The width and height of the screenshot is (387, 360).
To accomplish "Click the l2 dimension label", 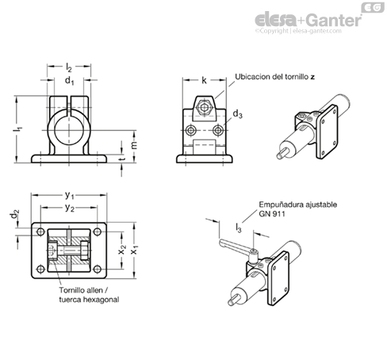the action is (x=69, y=67).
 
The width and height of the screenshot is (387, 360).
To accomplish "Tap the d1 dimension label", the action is (x=69, y=81).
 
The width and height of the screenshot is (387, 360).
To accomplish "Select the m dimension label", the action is (x=134, y=145).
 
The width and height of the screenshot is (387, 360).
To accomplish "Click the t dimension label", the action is (x=122, y=159).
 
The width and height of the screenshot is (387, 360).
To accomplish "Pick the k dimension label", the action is (x=204, y=80).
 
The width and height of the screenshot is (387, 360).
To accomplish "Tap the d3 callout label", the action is (x=237, y=114).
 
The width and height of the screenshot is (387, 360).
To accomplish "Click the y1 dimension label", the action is (x=69, y=195).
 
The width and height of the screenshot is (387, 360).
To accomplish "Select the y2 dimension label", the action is (x=69, y=208).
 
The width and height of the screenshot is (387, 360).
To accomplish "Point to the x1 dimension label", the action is (x=135, y=250).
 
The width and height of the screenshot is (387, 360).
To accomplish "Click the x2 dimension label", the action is (x=122, y=250).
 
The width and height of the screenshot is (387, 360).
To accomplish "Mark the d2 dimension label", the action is (x=15, y=214).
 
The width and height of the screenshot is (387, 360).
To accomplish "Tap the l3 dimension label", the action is (x=239, y=228).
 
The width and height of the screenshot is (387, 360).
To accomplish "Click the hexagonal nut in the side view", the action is (x=204, y=108).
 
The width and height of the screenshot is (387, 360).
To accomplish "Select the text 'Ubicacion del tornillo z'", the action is (x=275, y=77).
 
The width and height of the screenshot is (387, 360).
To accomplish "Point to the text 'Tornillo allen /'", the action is (x=83, y=290).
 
